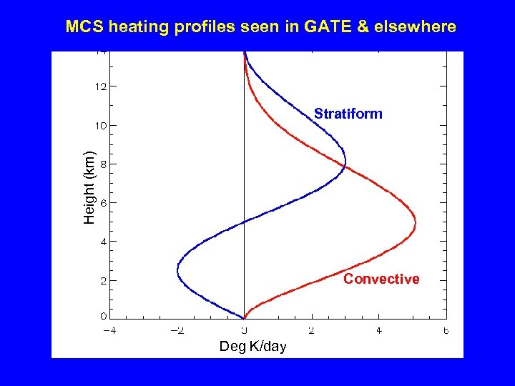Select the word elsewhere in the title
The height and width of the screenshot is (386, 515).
click(x=418, y=27)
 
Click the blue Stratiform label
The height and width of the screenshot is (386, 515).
click(x=348, y=114)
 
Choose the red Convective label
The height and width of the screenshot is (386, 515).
click(x=381, y=279)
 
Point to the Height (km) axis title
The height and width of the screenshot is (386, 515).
click(x=89, y=187)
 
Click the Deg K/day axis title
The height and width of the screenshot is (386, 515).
click(x=252, y=347)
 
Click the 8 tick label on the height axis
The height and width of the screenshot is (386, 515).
click(x=104, y=164)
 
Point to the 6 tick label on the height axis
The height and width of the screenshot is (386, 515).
click(x=104, y=203)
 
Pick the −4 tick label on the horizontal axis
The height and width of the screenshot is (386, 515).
click(x=109, y=330)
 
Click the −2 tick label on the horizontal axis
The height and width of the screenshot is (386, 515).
click(x=177, y=330)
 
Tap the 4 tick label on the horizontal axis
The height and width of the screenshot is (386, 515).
click(x=379, y=330)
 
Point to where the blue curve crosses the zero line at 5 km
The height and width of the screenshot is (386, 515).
click(x=245, y=222)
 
